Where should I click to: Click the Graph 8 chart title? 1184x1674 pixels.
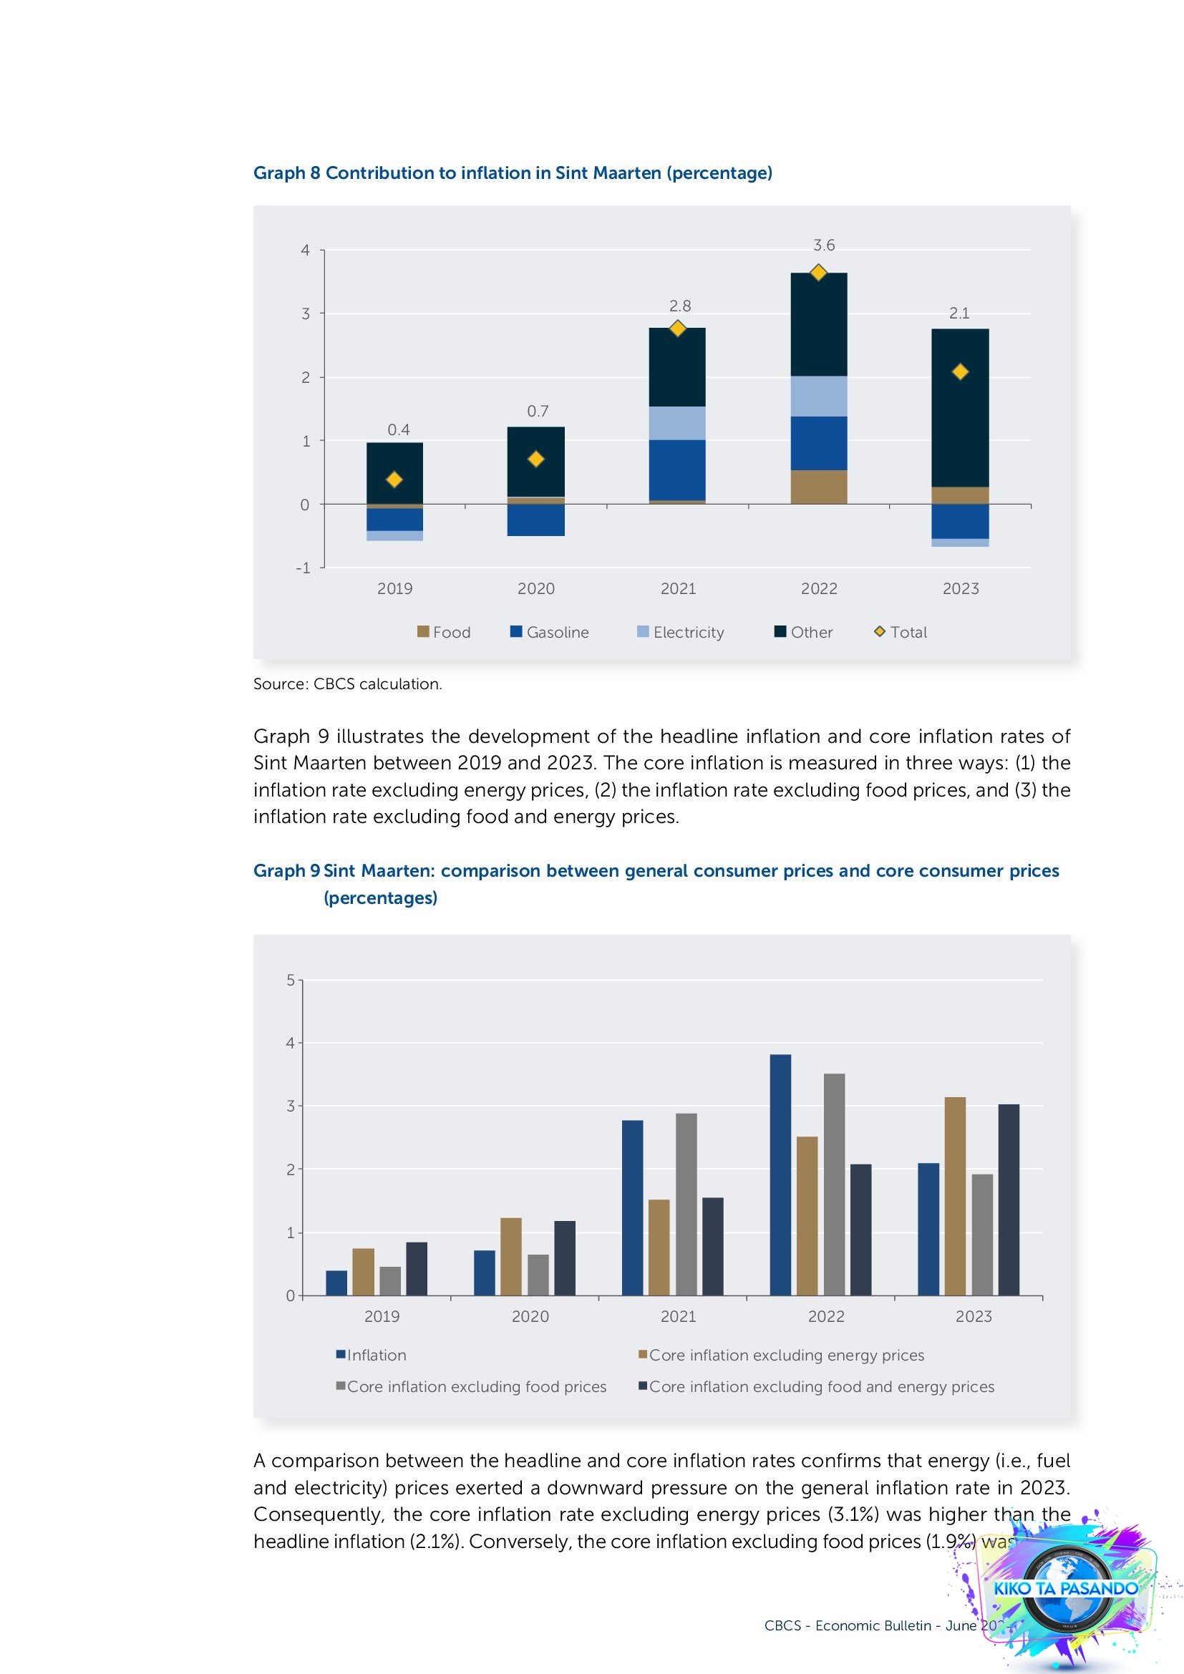tap(513, 172)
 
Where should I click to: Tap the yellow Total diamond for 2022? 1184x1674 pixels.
tap(819, 273)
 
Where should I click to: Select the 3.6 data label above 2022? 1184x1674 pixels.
tap(824, 245)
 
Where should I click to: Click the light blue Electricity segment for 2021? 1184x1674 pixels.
tap(677, 423)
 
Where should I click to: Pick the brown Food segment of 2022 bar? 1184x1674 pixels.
tap(819, 487)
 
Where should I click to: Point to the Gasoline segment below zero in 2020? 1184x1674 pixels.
tap(536, 520)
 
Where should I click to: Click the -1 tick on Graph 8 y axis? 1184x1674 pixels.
tap(304, 568)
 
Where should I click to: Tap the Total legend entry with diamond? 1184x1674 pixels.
tap(901, 632)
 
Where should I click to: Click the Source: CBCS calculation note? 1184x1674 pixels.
tap(348, 684)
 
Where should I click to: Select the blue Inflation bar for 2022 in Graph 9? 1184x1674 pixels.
tap(780, 1174)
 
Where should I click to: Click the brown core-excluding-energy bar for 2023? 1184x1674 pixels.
tap(955, 1196)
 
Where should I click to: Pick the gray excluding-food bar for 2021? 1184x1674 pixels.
tap(686, 1204)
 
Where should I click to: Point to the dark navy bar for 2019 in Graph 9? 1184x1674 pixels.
tap(417, 1269)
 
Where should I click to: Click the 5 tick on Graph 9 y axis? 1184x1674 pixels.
tap(291, 980)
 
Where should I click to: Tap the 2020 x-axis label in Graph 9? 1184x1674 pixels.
tap(530, 1316)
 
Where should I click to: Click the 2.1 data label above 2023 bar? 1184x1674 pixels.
tap(959, 313)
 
